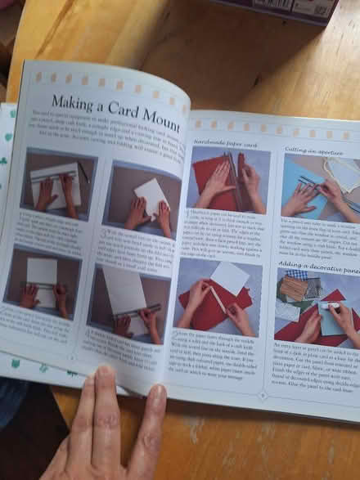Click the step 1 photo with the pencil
click(x=57, y=182)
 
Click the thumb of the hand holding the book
click(x=105, y=393)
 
